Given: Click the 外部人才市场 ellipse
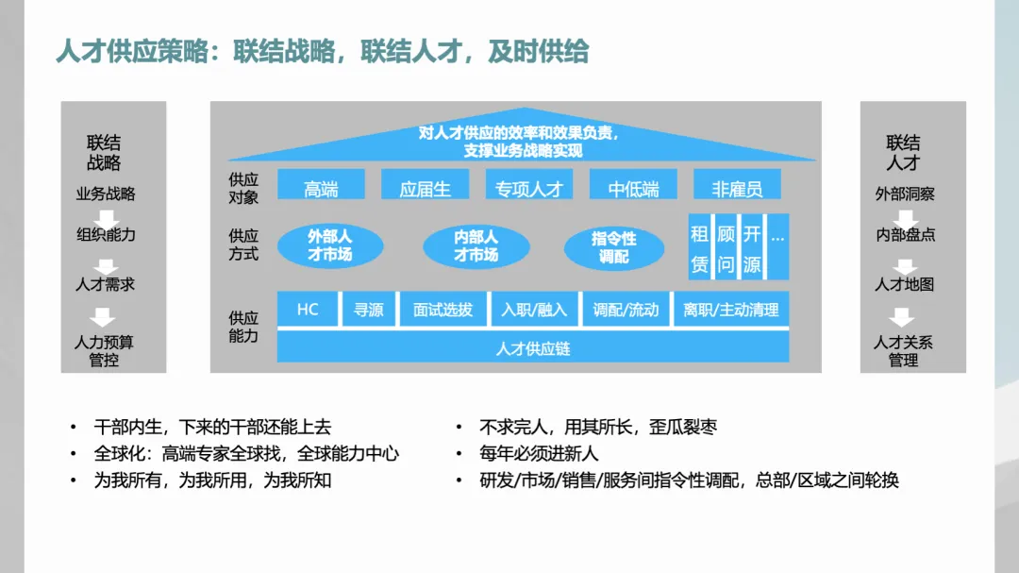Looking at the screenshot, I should tap(329, 246).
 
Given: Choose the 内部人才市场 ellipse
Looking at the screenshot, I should tap(476, 246).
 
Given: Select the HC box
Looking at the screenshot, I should tap(308, 310).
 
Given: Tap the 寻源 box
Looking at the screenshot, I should tap(368, 310).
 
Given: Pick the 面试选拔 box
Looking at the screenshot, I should tap(443, 310).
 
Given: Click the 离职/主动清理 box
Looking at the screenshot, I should tap(731, 310).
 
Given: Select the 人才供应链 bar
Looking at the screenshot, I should tap(533, 348).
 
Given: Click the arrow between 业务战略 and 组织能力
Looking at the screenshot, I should tap(105, 214).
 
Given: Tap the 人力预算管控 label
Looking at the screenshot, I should tap(105, 350).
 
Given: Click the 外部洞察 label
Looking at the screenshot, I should tap(904, 194).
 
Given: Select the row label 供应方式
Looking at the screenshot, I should tap(243, 244).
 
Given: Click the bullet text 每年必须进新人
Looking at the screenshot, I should tap(539, 454).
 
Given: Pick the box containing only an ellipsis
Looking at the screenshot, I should tap(777, 244).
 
